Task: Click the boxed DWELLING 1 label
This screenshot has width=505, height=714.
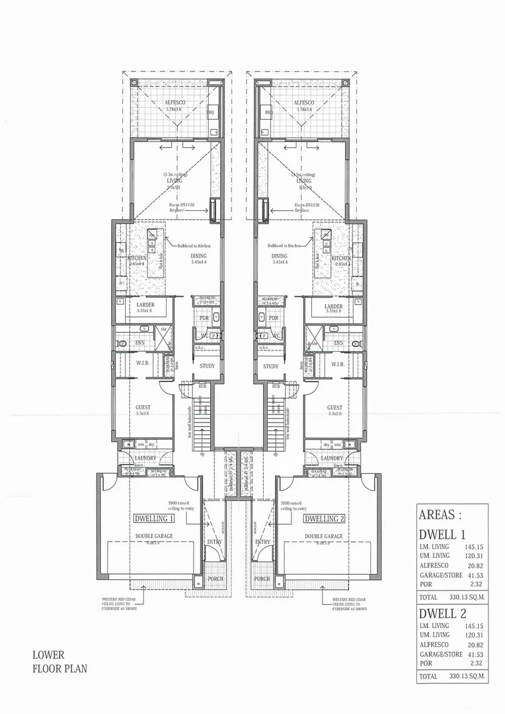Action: (x=153, y=519)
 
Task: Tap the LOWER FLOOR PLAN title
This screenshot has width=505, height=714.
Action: (x=58, y=662)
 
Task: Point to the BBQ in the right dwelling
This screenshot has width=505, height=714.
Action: (x=268, y=113)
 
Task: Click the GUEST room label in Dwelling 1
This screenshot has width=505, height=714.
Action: (x=143, y=408)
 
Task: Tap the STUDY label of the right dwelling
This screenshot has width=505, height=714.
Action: (x=270, y=366)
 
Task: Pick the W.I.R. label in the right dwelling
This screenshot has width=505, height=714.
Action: (x=336, y=364)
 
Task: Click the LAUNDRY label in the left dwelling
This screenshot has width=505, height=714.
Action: (x=145, y=458)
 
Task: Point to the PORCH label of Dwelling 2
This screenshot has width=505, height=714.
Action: (x=262, y=579)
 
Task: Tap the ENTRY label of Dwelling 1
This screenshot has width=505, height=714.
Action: (x=214, y=542)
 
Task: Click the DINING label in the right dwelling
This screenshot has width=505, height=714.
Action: (x=279, y=256)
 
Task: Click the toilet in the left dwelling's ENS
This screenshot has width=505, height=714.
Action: (x=122, y=344)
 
